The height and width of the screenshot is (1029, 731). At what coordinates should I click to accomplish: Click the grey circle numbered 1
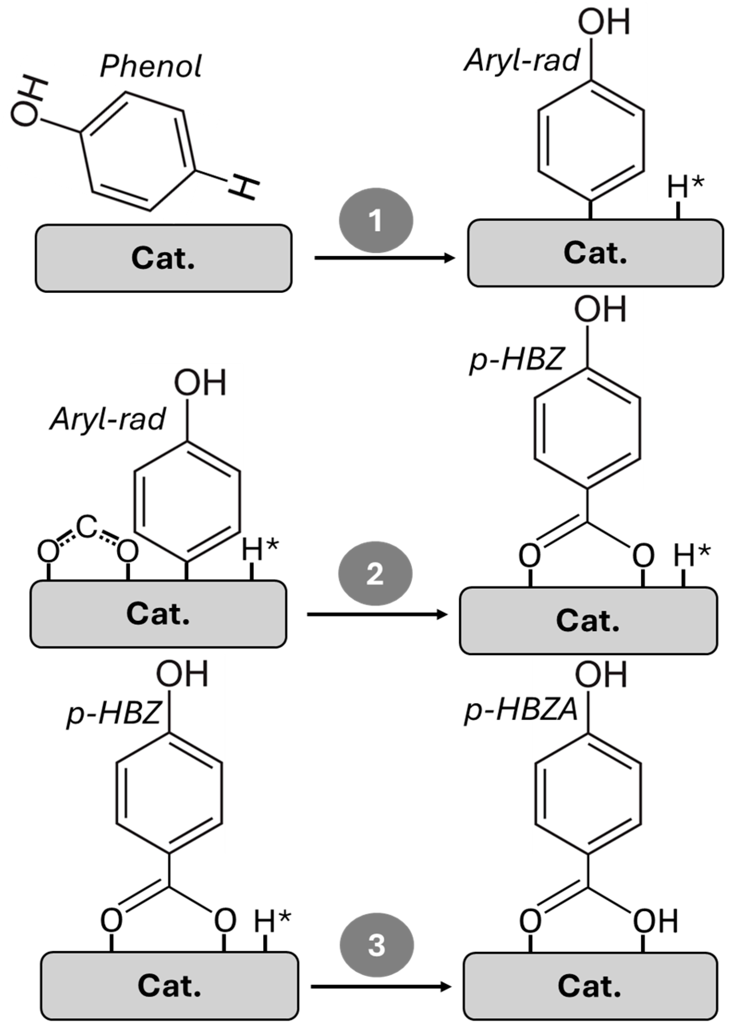(375, 220)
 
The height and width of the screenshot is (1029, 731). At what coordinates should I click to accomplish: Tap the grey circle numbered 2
(375, 573)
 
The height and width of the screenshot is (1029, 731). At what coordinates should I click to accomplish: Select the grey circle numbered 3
(376, 945)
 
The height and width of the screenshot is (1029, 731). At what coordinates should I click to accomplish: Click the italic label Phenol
(151, 67)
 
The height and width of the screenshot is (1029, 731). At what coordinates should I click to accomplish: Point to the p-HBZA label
(520, 711)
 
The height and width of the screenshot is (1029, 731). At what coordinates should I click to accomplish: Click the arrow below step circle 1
(384, 258)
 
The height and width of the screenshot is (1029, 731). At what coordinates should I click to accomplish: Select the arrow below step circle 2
(377, 614)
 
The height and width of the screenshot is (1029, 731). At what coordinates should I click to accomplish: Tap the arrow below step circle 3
(381, 987)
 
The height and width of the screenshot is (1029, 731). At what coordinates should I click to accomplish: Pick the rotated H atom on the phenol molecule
(244, 188)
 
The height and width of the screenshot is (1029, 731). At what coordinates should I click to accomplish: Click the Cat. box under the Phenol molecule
(163, 258)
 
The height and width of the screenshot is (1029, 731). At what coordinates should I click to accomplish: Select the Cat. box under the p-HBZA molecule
(590, 986)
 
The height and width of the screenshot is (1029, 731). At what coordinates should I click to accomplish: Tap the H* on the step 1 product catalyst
(685, 187)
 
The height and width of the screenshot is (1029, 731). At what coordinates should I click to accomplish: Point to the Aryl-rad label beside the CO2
(108, 420)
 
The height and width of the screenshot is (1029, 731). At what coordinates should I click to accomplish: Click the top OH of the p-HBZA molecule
(601, 675)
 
